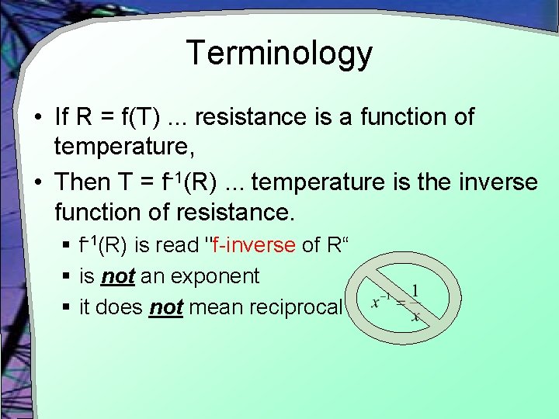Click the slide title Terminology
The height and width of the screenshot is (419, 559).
tap(279, 54)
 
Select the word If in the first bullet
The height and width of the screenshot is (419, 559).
tap(63, 118)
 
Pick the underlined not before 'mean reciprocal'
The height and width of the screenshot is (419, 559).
tap(165, 307)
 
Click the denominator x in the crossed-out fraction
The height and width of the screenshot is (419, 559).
tap(415, 316)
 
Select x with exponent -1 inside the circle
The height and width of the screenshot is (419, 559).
tap(380, 302)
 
